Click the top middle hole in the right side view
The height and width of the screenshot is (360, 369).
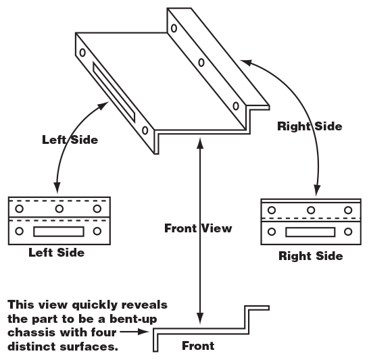311,211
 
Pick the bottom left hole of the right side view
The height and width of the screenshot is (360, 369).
272,232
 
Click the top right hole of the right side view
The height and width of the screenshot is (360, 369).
349,211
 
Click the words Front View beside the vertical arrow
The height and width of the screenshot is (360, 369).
198,228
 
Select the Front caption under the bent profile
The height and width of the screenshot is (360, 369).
198,346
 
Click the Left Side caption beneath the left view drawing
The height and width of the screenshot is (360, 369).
57,253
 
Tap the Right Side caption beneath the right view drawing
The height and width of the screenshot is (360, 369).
311,256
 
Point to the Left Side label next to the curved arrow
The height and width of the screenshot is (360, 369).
70,140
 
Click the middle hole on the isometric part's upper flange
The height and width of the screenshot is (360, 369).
201,63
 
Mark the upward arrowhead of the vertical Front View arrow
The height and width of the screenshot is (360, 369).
201,140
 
